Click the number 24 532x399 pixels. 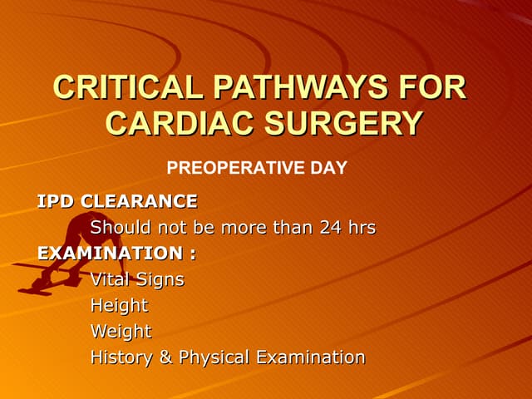(331, 227)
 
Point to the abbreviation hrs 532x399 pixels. (362, 227)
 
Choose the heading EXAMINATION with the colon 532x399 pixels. (116, 253)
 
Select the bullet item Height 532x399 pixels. (119, 306)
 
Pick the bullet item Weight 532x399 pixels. (121, 332)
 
